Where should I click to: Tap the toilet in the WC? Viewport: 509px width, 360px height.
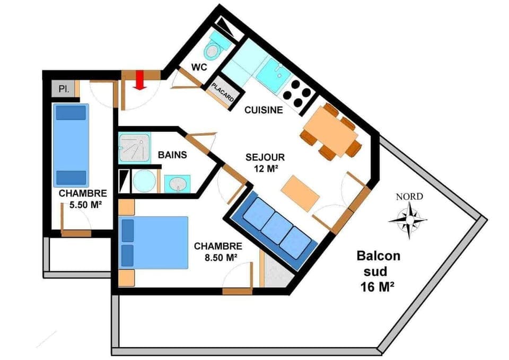pyautogui.click(x=213, y=49)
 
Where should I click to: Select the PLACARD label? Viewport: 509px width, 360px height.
pyautogui.click(x=223, y=93)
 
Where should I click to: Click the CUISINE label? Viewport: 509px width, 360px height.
pyautogui.click(x=264, y=110)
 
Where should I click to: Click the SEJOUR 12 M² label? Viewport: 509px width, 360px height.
pyautogui.click(x=265, y=163)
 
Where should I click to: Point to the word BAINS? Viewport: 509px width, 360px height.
pyautogui.click(x=172, y=155)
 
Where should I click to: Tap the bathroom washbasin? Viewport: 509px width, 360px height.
pyautogui.click(x=177, y=183)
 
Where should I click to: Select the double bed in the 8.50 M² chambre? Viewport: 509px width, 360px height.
pyautogui.click(x=154, y=242)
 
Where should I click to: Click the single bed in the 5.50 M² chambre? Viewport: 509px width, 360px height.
pyautogui.click(x=71, y=145)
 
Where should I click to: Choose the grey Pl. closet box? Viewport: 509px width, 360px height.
pyautogui.click(x=63, y=89)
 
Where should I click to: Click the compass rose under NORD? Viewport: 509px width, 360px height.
pyautogui.click(x=408, y=218)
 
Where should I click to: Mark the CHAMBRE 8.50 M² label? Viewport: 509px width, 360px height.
pyautogui.click(x=218, y=252)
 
